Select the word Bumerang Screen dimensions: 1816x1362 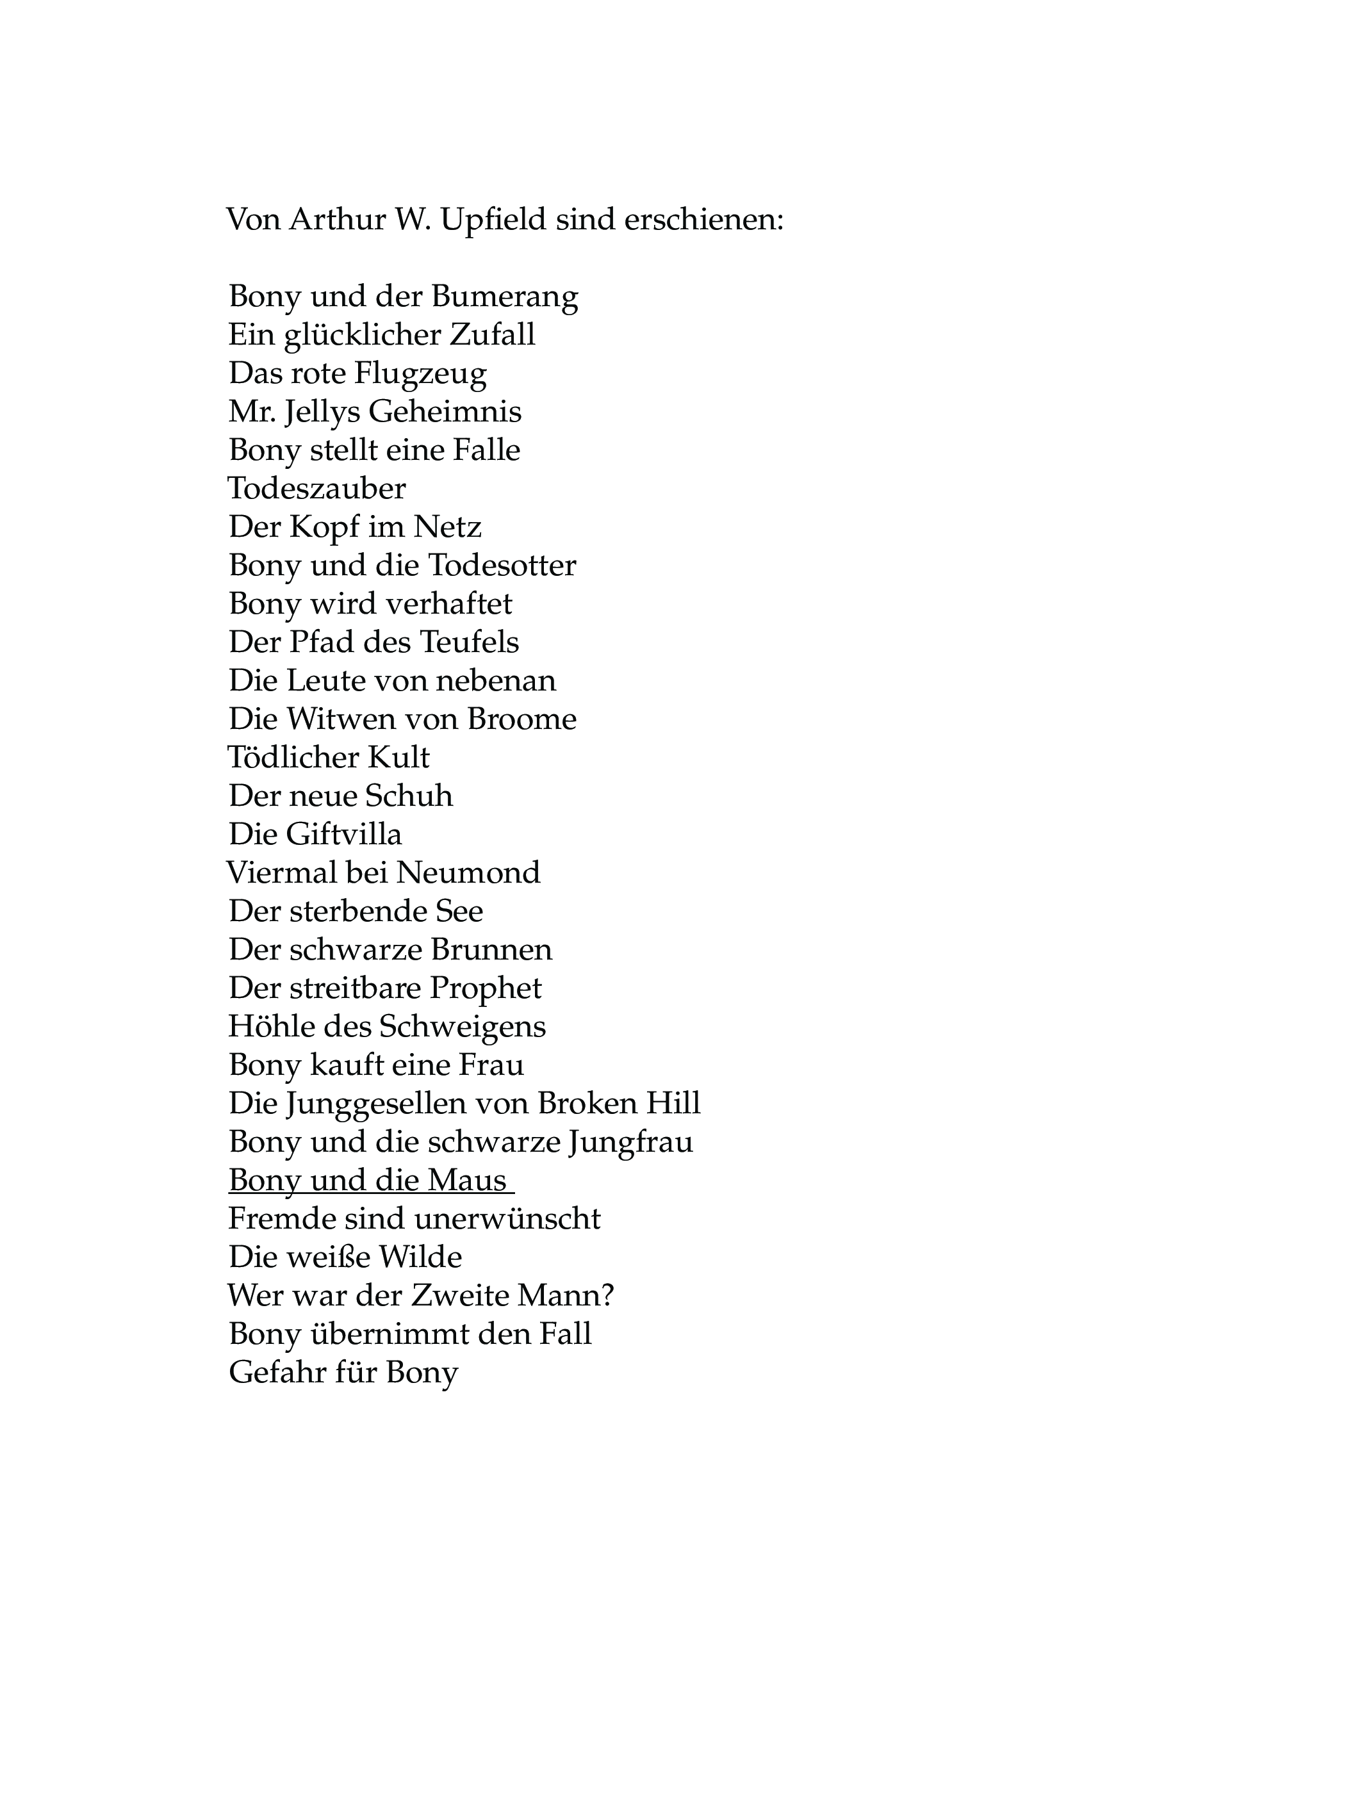click(504, 295)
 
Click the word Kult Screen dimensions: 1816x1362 click(400, 757)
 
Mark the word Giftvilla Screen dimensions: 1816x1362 click(344, 834)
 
